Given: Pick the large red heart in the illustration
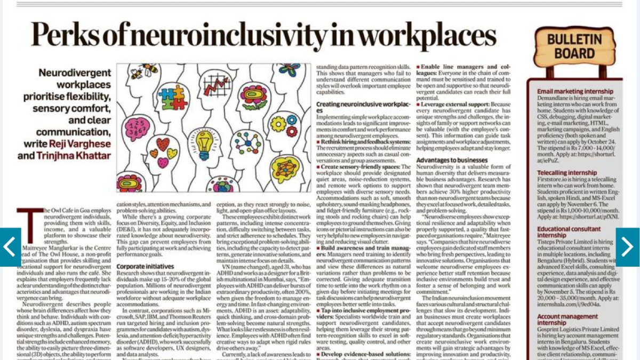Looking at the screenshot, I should coord(162,144).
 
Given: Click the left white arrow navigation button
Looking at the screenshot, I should coord(11,247).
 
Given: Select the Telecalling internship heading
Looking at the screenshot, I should coord(566,173).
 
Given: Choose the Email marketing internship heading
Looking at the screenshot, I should coord(575,92).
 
